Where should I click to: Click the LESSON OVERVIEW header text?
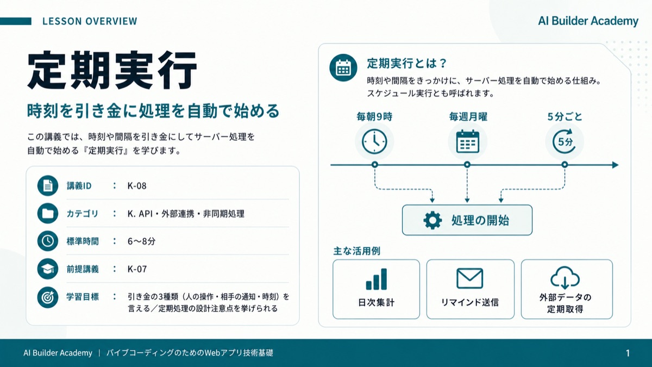click(90, 21)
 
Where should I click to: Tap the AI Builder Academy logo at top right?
click(588, 21)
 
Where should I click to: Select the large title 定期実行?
click(112, 70)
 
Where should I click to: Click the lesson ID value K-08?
click(137, 186)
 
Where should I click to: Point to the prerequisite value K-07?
click(137, 269)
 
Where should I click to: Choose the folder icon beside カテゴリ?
click(48, 214)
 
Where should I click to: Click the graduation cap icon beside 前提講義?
click(48, 269)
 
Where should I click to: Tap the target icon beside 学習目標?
click(48, 297)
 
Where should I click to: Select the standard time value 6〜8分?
click(141, 241)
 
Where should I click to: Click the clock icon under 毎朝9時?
click(374, 142)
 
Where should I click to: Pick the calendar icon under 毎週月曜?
click(467, 142)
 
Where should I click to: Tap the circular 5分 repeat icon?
click(565, 142)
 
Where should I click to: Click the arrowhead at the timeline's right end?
click(615, 165)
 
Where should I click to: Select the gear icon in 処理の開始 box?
click(432, 220)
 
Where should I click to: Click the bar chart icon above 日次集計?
click(377, 279)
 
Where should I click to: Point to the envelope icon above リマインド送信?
click(470, 278)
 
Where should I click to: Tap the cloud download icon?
click(565, 277)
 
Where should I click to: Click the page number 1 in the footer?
click(628, 353)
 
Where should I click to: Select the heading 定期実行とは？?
click(406, 63)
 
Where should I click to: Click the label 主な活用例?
click(356, 251)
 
